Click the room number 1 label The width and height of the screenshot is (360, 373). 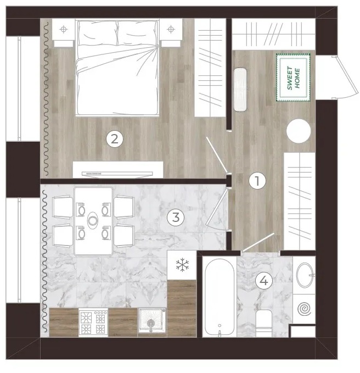[x=257, y=181]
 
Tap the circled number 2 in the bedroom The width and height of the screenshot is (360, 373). [x=115, y=138]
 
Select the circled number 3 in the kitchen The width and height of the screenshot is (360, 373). [x=176, y=217]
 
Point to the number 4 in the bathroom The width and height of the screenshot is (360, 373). [x=264, y=281]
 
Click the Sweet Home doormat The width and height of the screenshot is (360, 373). [x=293, y=77]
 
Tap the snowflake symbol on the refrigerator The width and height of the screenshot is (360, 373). [x=182, y=265]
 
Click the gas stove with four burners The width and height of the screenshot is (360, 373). [x=93, y=322]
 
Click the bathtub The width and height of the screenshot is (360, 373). [x=220, y=297]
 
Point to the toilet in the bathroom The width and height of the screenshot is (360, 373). [x=264, y=323]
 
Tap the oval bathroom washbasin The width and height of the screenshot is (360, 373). [x=305, y=275]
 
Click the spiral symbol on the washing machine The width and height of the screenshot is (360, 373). [x=304, y=309]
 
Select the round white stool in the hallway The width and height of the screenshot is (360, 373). [x=299, y=131]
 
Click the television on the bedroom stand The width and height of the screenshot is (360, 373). [x=117, y=174]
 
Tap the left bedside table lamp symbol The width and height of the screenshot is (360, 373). [x=64, y=30]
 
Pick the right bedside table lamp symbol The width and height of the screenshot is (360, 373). [x=171, y=30]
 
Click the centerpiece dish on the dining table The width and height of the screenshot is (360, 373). [x=93, y=220]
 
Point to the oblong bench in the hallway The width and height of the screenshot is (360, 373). [x=240, y=90]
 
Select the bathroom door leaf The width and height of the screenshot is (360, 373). [x=257, y=242]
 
